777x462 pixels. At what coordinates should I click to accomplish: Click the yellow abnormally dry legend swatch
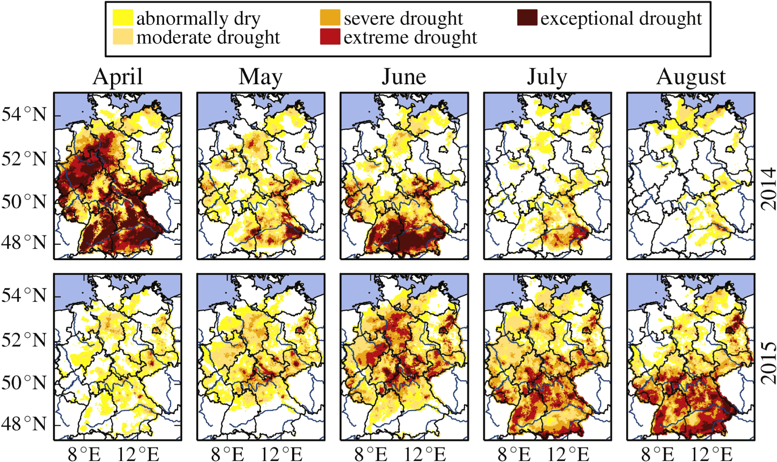tap(122, 18)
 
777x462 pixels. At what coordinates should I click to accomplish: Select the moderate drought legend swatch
tap(122, 37)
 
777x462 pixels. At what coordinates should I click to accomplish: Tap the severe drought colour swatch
tap(330, 18)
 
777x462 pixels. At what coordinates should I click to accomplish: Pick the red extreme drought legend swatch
tap(330, 37)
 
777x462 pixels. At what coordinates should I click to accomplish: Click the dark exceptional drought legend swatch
tap(527, 18)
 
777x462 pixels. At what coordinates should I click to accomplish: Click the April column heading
tap(117, 76)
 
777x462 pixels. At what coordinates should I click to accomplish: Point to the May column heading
tap(261, 76)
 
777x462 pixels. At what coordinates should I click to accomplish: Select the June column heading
tap(404, 76)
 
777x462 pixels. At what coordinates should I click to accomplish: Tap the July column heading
tap(547, 76)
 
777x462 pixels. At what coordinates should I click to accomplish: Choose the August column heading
tap(691, 76)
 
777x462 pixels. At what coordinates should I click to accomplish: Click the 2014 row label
tap(768, 189)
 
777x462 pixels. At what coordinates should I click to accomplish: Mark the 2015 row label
tap(768, 363)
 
